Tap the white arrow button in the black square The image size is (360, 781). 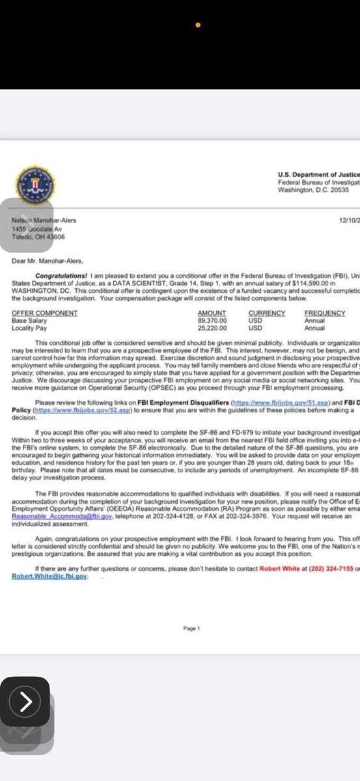point(25,702)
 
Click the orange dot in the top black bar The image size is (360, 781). point(198,25)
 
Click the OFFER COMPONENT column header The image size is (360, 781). point(45,313)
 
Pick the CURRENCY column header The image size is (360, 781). point(266,313)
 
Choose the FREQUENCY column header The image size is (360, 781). point(324,313)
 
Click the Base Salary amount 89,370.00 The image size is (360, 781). point(212,321)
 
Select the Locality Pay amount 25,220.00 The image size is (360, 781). point(212,328)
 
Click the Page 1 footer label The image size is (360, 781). point(191,629)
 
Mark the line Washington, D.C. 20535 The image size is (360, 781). point(316,190)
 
